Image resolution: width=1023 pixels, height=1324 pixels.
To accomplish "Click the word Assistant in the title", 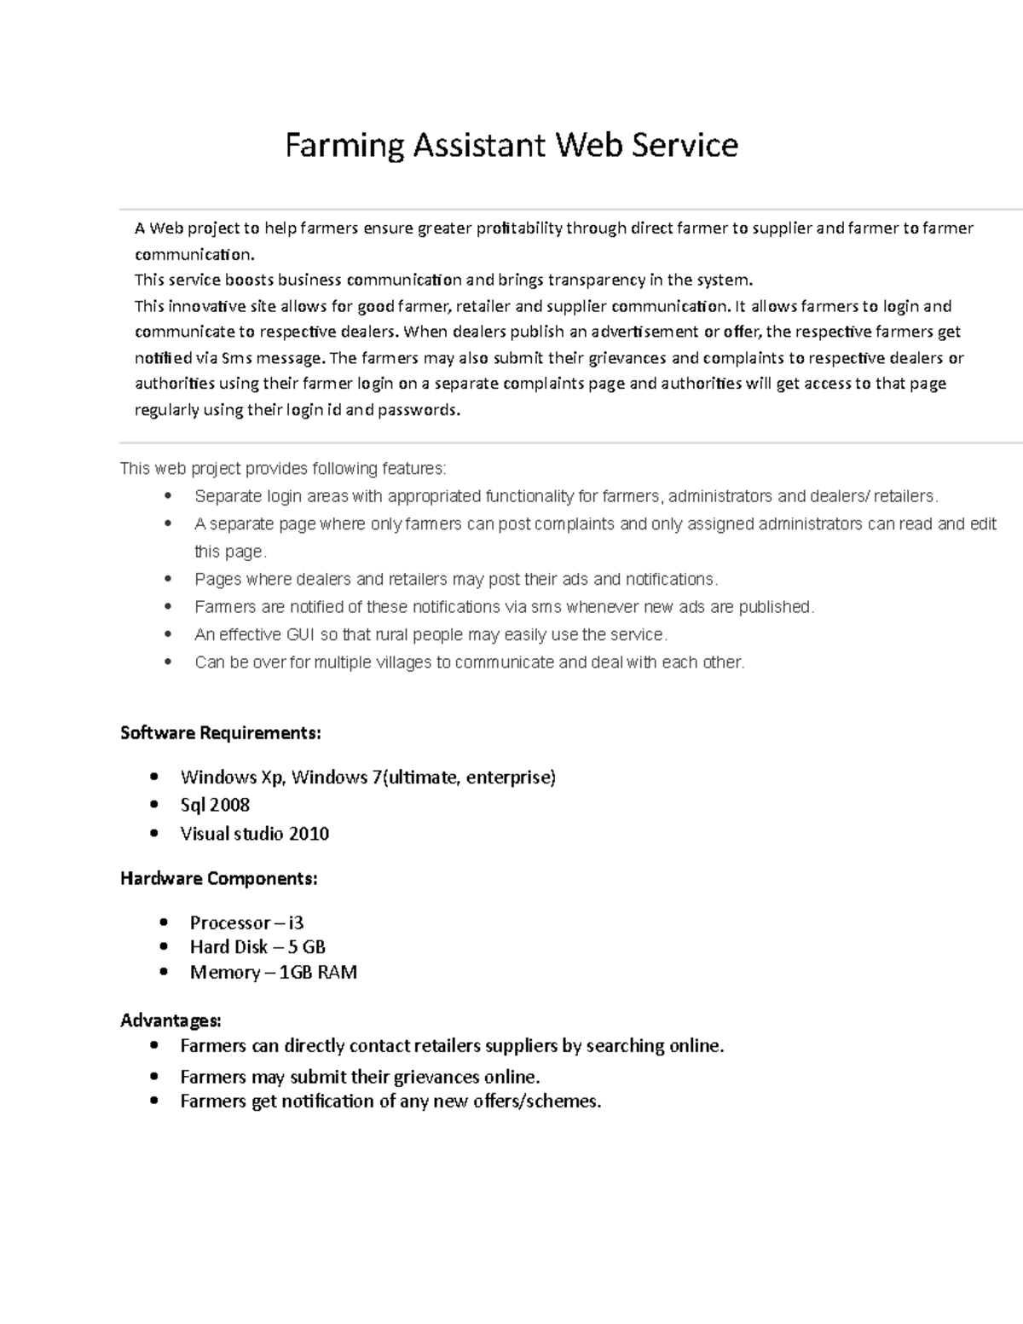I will (x=478, y=146).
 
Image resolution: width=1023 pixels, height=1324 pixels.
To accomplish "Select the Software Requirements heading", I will (x=221, y=733).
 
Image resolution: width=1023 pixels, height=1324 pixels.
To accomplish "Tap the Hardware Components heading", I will (x=220, y=878).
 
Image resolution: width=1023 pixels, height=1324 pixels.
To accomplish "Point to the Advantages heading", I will (x=170, y=1020).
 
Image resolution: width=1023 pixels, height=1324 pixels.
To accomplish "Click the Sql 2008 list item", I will (x=215, y=805).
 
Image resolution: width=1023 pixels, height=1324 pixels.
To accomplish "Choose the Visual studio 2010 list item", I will (x=255, y=834).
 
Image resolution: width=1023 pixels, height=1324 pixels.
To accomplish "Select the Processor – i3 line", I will (x=246, y=922).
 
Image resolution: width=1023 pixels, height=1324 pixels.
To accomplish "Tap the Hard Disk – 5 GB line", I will (x=257, y=947).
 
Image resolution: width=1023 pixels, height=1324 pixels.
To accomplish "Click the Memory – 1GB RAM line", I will (x=273, y=973).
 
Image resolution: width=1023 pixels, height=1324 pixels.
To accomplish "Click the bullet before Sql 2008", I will (x=153, y=805).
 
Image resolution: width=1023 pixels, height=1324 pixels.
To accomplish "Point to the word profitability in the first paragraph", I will (x=518, y=228).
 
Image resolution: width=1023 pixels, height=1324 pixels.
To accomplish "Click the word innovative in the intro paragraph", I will (x=207, y=307).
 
